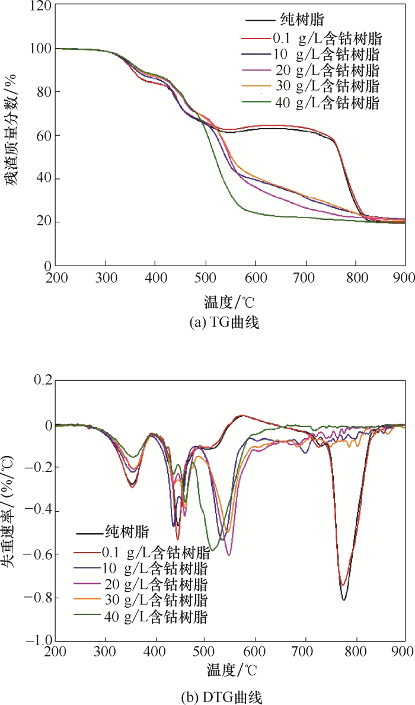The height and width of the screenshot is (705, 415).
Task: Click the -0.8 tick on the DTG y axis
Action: click(36, 598)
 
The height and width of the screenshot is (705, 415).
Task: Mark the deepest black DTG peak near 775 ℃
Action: click(343, 599)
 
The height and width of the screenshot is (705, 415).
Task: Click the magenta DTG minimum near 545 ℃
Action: click(229, 554)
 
